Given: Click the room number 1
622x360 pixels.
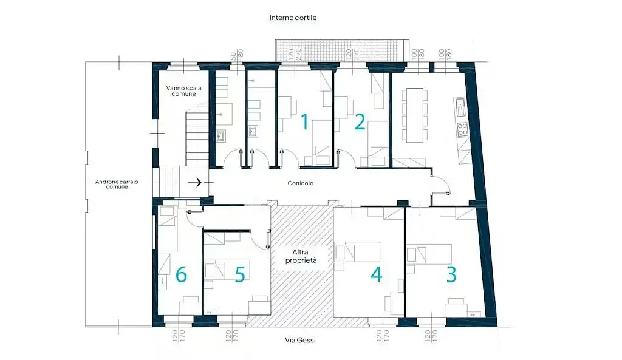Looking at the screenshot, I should pyautogui.click(x=305, y=122).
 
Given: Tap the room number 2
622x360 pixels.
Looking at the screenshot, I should pyautogui.click(x=360, y=122).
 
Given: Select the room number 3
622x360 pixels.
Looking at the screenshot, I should pyautogui.click(x=451, y=274).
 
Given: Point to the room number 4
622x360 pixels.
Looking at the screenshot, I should pyautogui.click(x=377, y=274).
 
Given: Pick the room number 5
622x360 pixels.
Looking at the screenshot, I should pyautogui.click(x=240, y=274).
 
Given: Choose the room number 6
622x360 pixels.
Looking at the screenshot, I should pyautogui.click(x=181, y=275).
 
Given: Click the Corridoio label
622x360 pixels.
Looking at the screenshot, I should pyautogui.click(x=301, y=182).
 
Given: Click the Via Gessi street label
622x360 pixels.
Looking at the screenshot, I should pyautogui.click(x=301, y=340).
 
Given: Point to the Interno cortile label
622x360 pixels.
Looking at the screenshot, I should pyautogui.click(x=293, y=18).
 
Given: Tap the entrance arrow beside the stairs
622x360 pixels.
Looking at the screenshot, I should pyautogui.click(x=197, y=182).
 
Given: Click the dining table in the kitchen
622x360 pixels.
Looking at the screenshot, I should pyautogui.click(x=415, y=114).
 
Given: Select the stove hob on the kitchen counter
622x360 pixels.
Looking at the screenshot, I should pyautogui.click(x=462, y=129).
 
